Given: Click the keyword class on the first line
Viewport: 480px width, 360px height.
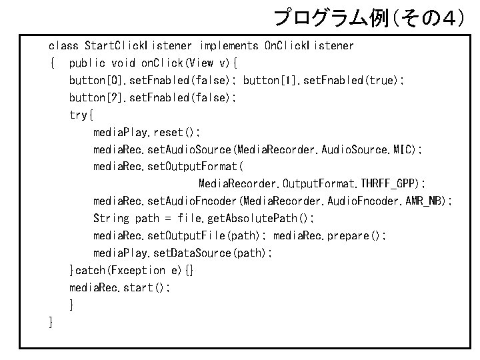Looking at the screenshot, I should tap(63, 46).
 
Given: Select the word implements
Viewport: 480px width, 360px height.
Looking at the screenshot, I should tap(228, 46).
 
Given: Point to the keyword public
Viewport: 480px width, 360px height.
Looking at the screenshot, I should tap(87, 63).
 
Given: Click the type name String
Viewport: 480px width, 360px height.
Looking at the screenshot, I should tap(111, 219).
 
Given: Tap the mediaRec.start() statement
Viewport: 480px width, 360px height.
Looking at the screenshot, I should tap(120, 288).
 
